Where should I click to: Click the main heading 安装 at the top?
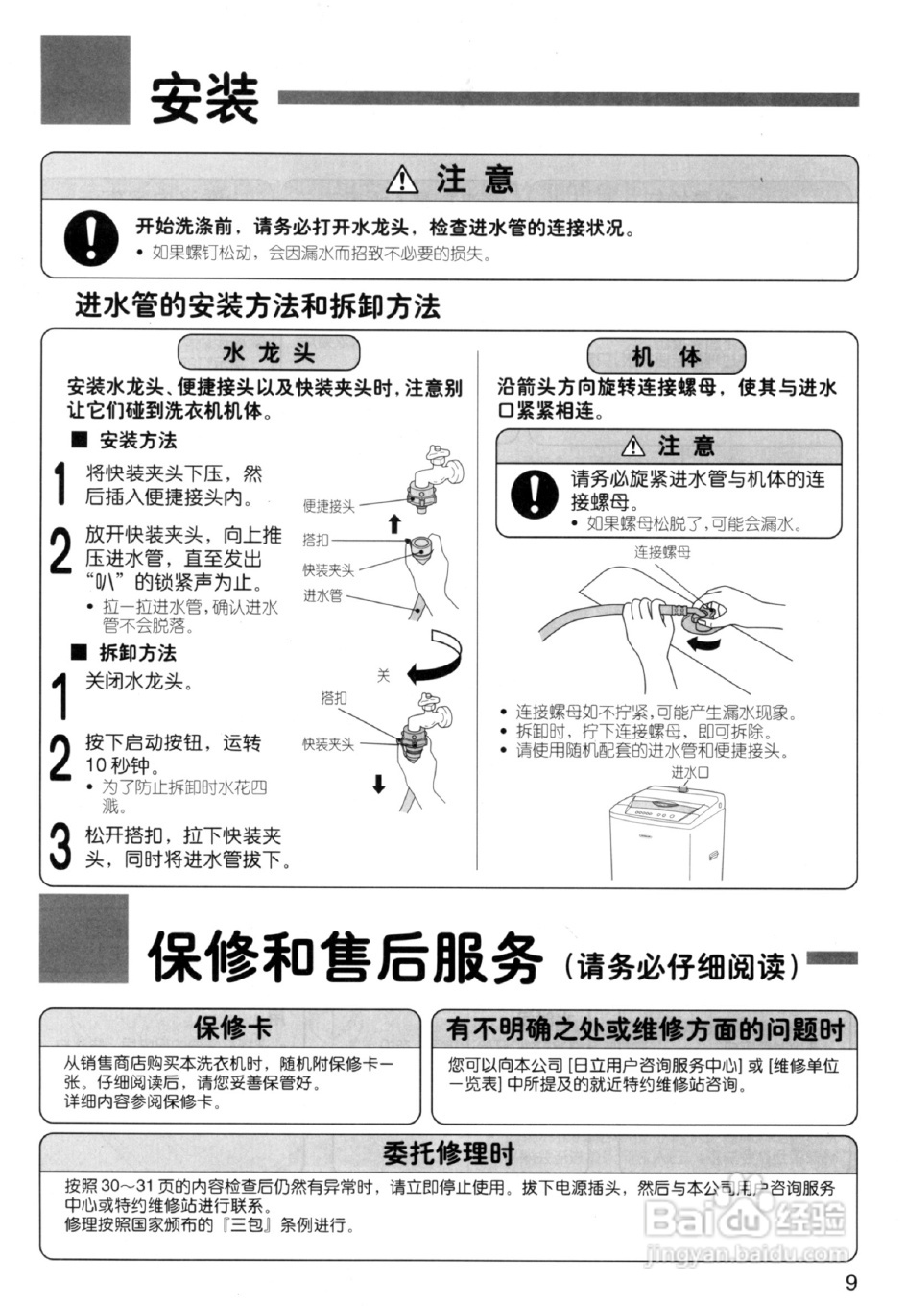click(x=204, y=99)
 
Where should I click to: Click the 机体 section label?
click(x=665, y=356)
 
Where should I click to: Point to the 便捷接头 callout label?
click(x=328, y=506)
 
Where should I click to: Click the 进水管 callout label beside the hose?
click(x=322, y=595)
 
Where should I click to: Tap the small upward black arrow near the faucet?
click(x=393, y=523)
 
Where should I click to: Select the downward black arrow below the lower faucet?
click(x=379, y=785)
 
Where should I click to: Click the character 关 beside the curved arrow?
click(x=383, y=676)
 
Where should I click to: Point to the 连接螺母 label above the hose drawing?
click(x=661, y=552)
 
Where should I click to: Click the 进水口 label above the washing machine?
click(x=689, y=772)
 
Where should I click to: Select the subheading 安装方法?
click(x=138, y=441)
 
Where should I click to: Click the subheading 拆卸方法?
click(x=138, y=653)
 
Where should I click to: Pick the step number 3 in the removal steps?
click(x=60, y=846)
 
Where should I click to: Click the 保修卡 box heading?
click(x=232, y=1028)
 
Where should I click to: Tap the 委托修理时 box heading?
click(x=448, y=1152)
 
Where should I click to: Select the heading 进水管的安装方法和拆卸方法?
click(x=257, y=306)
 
